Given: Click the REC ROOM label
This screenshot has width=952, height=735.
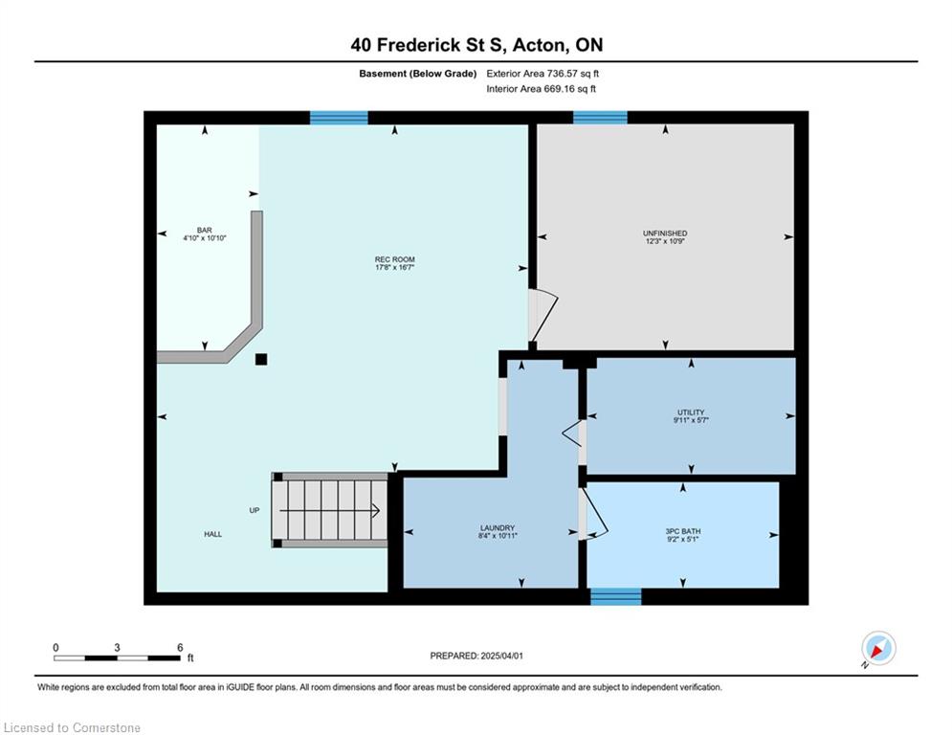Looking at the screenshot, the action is coord(394,259).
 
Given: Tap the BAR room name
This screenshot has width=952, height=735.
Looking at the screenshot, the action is coord(205,231).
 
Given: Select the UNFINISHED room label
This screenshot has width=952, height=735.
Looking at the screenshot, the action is coord(665,234).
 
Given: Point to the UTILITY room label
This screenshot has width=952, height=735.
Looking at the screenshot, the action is coord(691,412).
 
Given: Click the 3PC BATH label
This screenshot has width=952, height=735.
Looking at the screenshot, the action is coord(683,531).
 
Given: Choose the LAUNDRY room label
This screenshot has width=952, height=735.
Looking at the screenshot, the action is coord(498,528).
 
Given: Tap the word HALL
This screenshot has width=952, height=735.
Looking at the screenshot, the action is coord(213,535).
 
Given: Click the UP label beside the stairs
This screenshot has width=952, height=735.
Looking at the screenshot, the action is coord(255,510).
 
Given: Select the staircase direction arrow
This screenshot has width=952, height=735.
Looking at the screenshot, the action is coord(330,511).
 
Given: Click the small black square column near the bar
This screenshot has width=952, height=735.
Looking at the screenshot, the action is coord(261,359).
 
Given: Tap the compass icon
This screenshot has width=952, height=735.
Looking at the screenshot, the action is coord(878,648).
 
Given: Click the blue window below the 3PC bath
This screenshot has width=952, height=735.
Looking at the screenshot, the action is coord(615,596).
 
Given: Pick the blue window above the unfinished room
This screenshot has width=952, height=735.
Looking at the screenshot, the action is coord(600,117).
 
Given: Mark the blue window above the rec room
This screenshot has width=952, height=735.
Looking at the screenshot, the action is coord(339,118).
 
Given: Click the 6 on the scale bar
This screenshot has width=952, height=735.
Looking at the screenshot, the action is coord(180,648).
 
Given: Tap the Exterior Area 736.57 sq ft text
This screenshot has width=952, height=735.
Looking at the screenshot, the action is coord(542,74).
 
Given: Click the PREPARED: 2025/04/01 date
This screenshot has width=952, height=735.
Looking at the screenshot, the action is coord(476,656).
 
